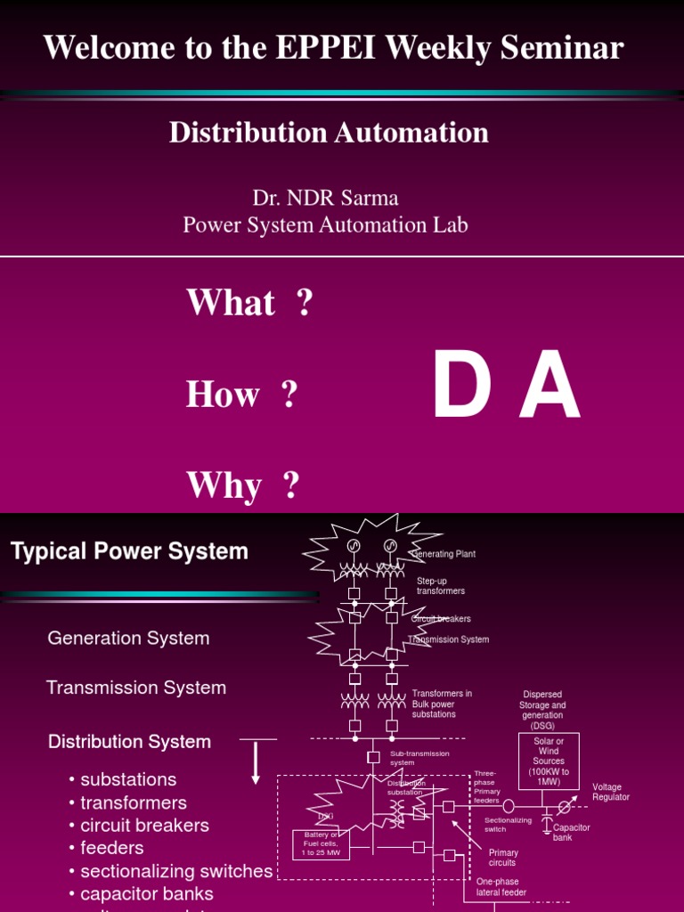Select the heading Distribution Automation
(329, 133)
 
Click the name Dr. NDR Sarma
(325, 197)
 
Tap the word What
(231, 303)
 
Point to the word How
(223, 395)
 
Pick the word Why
(224, 486)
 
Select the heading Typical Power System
(129, 551)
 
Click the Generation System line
(128, 638)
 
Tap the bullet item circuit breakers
(144, 825)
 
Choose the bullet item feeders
(111, 848)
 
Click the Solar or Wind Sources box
(549, 761)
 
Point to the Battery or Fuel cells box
(322, 844)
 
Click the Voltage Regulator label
(611, 792)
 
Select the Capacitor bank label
(571, 832)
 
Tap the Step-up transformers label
(441, 585)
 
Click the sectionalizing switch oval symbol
(509, 806)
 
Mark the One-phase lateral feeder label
(501, 886)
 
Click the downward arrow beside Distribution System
(256, 761)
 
